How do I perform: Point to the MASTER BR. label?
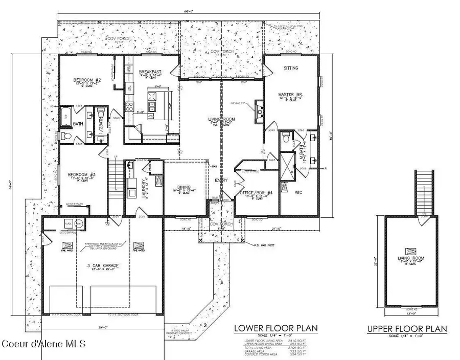pos(288,95)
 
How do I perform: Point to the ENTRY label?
pos(221,180)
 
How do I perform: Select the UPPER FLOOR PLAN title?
pos(407,328)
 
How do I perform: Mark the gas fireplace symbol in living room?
pos(260,113)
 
